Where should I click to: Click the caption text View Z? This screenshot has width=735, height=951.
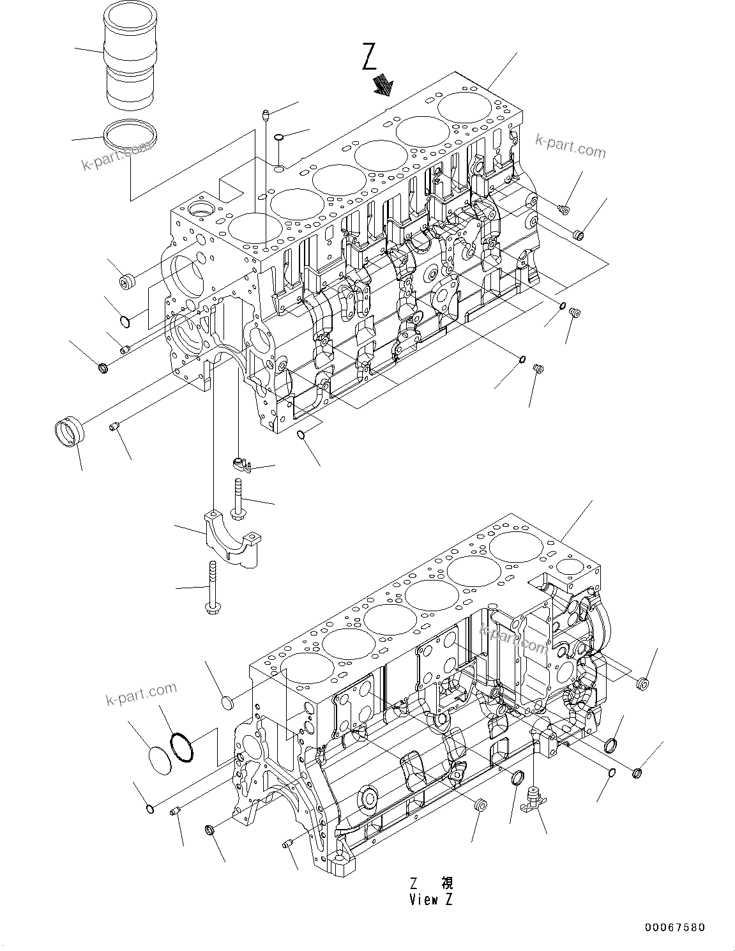(x=432, y=900)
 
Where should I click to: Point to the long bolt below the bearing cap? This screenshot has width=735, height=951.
(x=211, y=588)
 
